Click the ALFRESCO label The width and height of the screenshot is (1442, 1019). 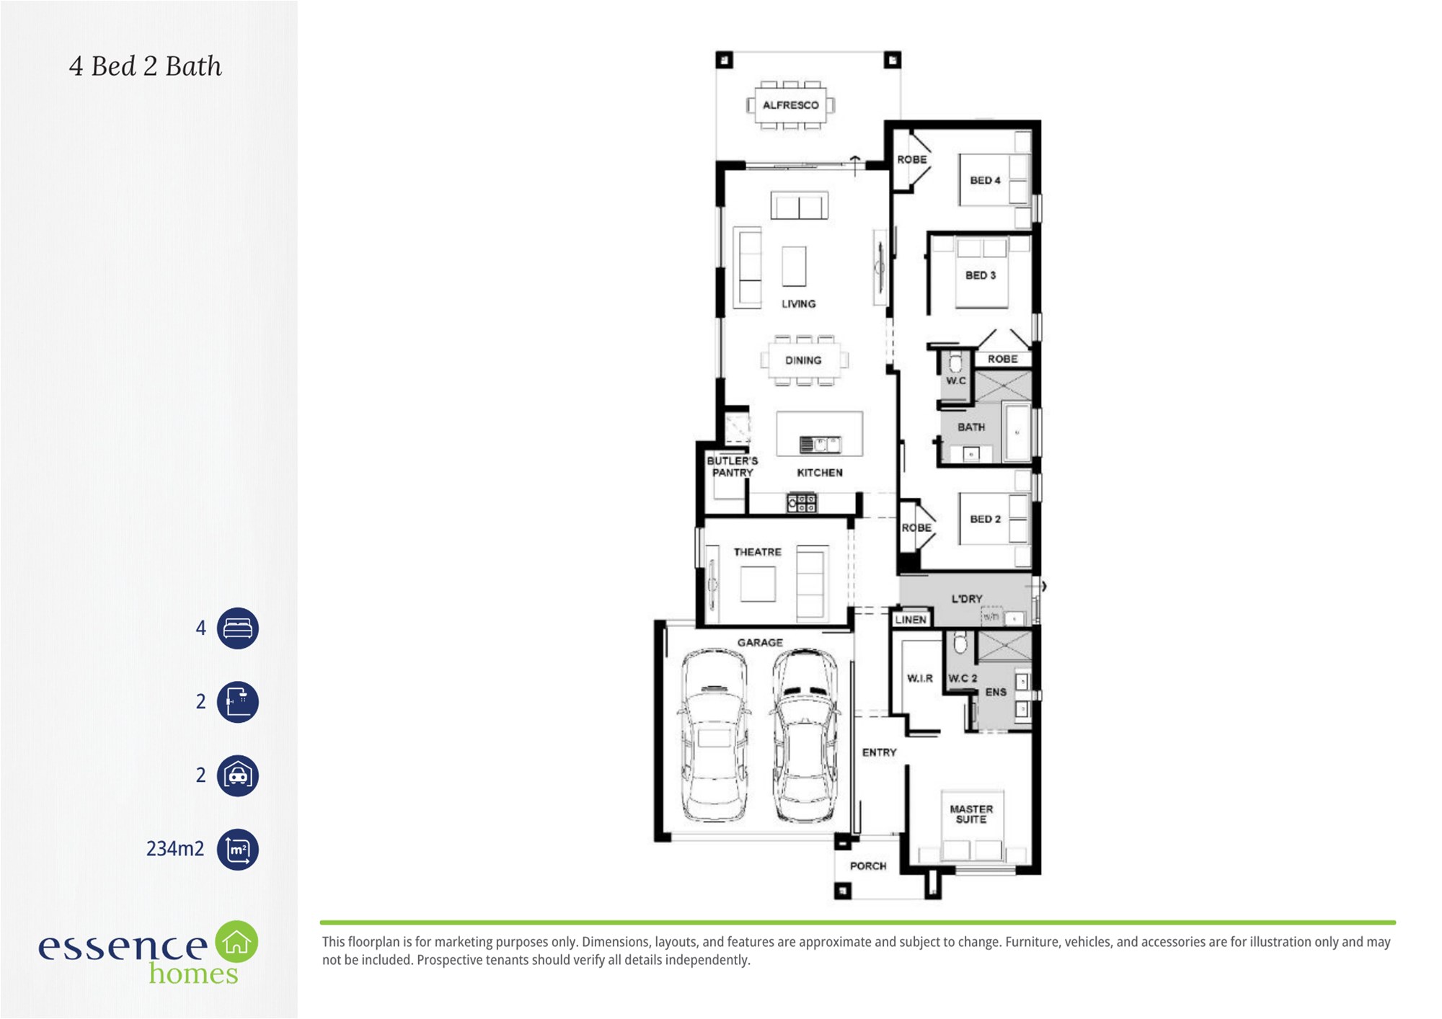tap(790, 105)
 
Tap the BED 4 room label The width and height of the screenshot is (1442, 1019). tap(985, 180)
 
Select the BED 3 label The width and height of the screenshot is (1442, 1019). tap(981, 275)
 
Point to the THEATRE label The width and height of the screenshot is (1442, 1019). tap(757, 552)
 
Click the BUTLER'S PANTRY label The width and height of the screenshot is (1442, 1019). tap(733, 466)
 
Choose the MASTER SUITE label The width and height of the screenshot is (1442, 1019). tap(971, 814)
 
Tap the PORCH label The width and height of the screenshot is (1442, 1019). tap(868, 866)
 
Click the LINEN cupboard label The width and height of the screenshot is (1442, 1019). tap(911, 620)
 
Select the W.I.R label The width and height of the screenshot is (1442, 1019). tap(920, 678)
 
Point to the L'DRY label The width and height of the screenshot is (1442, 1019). tap(967, 598)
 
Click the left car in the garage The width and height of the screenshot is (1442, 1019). tap(715, 735)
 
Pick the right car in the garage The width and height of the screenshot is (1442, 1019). tap(805, 735)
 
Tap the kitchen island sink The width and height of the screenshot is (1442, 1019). tap(820, 445)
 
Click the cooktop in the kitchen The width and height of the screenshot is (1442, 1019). tap(802, 502)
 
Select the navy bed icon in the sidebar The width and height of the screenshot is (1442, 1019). tap(238, 628)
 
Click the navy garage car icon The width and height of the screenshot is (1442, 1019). tap(238, 775)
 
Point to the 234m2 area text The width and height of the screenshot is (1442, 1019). tap(175, 849)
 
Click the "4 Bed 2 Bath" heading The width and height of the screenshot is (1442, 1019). tap(146, 66)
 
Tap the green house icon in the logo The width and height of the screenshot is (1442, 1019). tap(236, 942)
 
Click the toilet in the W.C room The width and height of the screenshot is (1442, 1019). tap(955, 362)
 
